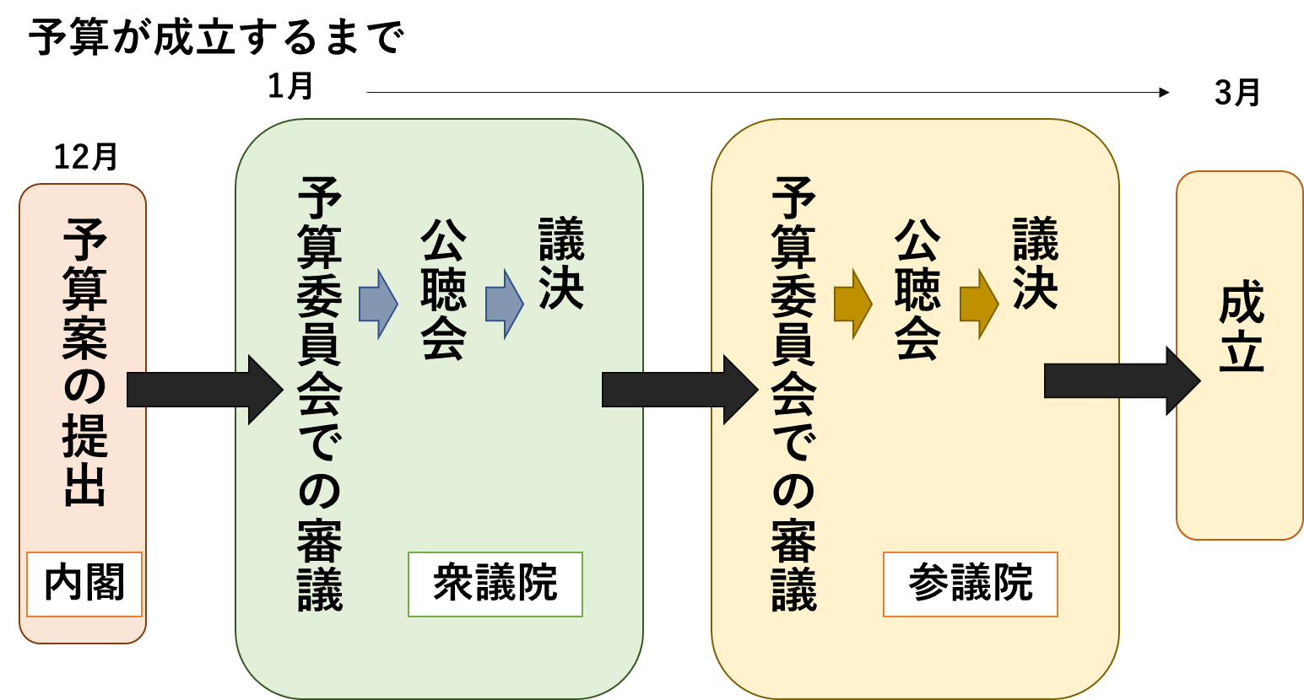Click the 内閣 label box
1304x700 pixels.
pyautogui.click(x=84, y=584)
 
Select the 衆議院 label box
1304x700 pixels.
pyautogui.click(x=495, y=584)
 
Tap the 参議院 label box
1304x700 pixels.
pyautogui.click(x=971, y=584)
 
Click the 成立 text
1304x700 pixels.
pyautogui.click(x=1242, y=328)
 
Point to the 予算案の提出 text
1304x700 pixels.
pyautogui.click(x=84, y=362)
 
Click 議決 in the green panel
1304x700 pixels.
pyautogui.click(x=561, y=263)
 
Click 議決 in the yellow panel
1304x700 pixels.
pyautogui.click(x=1035, y=263)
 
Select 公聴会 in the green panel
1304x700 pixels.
pyautogui.click(x=444, y=289)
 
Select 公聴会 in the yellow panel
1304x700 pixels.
pyautogui.click(x=917, y=289)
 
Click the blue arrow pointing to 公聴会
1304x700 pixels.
pyautogui.click(x=378, y=304)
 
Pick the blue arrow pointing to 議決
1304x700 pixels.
pyautogui.click(x=505, y=304)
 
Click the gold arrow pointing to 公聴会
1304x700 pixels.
pyautogui.click(x=852, y=304)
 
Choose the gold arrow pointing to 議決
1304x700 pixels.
pyautogui.click(x=979, y=304)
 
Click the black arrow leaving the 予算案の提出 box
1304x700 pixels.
pyautogui.click(x=203, y=390)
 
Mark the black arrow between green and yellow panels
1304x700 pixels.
pyautogui.click(x=679, y=390)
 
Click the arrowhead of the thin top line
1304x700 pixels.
pyautogui.click(x=1165, y=92)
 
